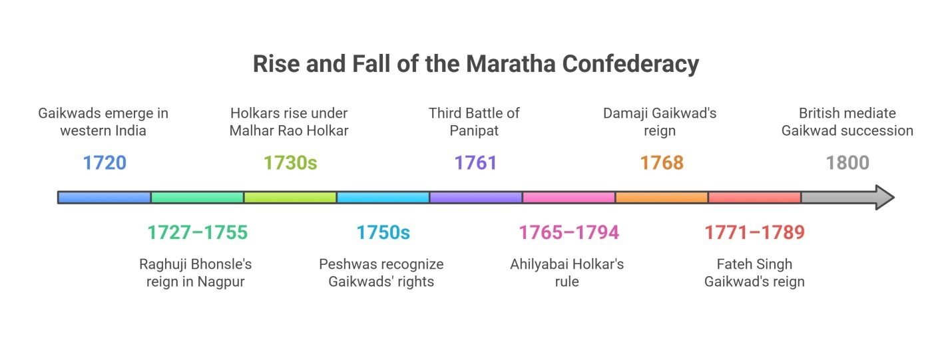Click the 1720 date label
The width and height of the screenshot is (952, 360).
point(105,162)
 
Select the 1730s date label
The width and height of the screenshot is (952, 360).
point(290,162)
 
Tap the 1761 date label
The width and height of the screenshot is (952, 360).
point(475,162)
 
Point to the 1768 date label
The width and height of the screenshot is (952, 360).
point(662,162)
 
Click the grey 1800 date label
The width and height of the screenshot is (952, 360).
point(847,162)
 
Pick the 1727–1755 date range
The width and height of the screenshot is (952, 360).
point(197,232)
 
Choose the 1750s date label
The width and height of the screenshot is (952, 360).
point(383,232)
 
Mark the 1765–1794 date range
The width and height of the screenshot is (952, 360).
point(569,232)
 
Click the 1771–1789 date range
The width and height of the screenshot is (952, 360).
point(754,232)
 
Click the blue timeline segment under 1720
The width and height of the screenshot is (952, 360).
point(105,198)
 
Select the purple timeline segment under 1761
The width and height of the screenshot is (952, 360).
point(475,198)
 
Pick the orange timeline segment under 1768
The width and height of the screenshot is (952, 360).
point(662,198)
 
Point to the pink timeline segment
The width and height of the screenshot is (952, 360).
point(569,198)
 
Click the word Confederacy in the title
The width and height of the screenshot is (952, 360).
point(630,64)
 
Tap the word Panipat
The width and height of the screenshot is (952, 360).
point(474,130)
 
